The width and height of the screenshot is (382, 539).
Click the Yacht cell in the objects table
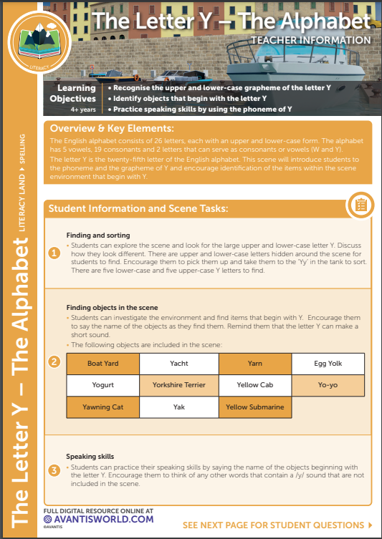pos(179,364)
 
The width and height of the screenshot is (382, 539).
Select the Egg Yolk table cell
pos(328,364)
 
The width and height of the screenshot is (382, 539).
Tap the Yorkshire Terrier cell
pos(179,385)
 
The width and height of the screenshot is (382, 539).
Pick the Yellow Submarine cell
pos(255,407)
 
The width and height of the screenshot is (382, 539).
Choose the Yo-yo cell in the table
pos(328,385)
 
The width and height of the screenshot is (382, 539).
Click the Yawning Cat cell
pos(103,407)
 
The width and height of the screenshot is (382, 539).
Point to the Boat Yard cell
pos(103,364)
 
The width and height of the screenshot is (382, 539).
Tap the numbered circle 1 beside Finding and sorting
pos(54,253)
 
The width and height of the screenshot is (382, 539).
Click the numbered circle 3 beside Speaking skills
pos(54,470)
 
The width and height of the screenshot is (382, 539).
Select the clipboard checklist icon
pos(360,205)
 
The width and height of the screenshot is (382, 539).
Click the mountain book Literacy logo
pos(39,43)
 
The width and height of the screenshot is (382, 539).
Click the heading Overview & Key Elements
pos(112,129)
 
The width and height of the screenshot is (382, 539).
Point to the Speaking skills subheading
pos(90,457)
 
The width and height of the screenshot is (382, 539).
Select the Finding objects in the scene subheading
pos(113,308)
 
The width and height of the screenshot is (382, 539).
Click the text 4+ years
pos(83,110)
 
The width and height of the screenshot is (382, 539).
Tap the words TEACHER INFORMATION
pos(311,40)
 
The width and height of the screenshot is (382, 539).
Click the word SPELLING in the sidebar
pos(22,148)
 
